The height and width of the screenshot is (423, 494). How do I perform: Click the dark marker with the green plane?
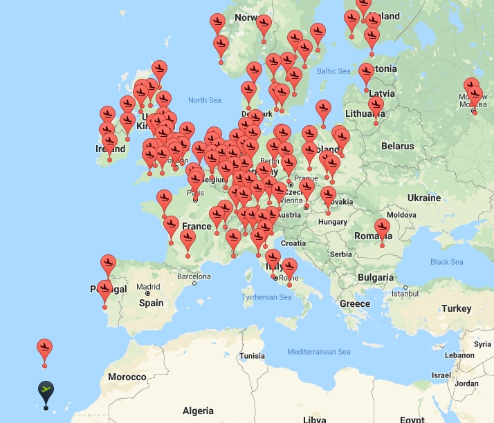point(46,391)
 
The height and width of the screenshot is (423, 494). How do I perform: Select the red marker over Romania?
point(382,229)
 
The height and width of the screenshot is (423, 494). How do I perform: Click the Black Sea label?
point(446,262)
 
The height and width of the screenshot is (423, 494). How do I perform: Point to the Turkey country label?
point(456,308)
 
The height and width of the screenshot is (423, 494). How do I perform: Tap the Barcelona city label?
point(194,276)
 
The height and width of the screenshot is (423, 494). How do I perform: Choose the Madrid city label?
point(149,287)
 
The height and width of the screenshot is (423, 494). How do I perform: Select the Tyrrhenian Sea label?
point(267,297)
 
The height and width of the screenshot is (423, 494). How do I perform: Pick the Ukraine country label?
point(424,198)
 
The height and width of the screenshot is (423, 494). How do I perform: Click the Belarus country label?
point(398,146)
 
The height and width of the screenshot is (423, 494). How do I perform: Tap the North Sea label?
point(205,100)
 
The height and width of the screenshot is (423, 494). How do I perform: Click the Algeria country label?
point(198,411)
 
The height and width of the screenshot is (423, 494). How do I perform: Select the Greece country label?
point(355,303)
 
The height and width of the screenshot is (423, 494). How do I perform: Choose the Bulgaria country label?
point(376,277)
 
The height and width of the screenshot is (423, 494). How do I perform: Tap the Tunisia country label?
point(252,356)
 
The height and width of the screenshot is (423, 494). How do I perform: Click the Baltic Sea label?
point(334,71)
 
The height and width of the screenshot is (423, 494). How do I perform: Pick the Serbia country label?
point(341,254)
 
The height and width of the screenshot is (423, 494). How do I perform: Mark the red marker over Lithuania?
point(376,109)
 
